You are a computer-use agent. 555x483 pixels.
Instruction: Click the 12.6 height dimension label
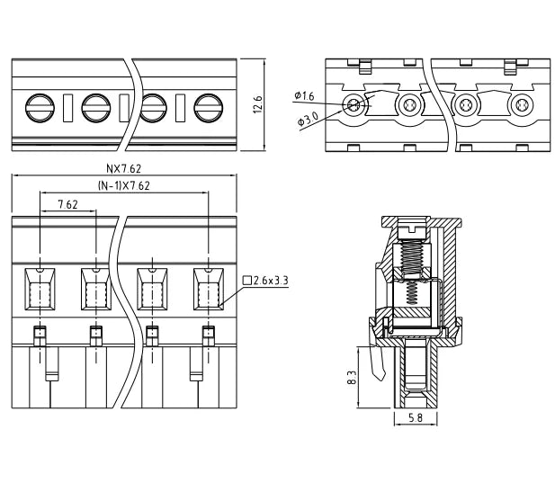pyautogui.click(x=257, y=104)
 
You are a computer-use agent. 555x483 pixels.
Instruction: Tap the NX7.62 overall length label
pyautogui.click(x=123, y=169)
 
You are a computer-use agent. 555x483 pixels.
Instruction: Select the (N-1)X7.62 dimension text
pyautogui.click(x=123, y=186)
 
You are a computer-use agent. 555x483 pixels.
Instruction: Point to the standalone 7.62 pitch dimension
pyautogui.click(x=67, y=204)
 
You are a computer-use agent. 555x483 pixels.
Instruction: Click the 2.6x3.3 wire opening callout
pyautogui.click(x=271, y=281)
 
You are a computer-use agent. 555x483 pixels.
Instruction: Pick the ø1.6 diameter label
pyautogui.click(x=304, y=95)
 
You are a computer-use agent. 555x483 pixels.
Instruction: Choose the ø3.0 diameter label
pyautogui.click(x=309, y=119)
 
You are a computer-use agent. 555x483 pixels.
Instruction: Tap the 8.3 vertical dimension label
pyautogui.click(x=352, y=378)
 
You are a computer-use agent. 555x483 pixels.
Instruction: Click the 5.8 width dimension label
pyautogui.click(x=416, y=418)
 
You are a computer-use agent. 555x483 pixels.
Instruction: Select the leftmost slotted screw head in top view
pyautogui.click(x=40, y=108)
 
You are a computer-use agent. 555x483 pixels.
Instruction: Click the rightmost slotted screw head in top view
pyautogui.click(x=209, y=108)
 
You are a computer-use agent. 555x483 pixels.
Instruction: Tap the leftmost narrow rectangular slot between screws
pyautogui.click(x=68, y=108)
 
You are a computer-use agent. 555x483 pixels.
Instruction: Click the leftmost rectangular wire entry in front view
pyautogui.click(x=40, y=289)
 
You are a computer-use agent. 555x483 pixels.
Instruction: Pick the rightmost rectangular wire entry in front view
pyautogui.click(x=209, y=289)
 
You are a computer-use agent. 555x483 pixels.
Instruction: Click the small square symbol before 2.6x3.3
pyautogui.click(x=247, y=281)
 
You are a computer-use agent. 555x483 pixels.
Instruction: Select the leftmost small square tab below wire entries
pyautogui.click(x=40, y=335)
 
